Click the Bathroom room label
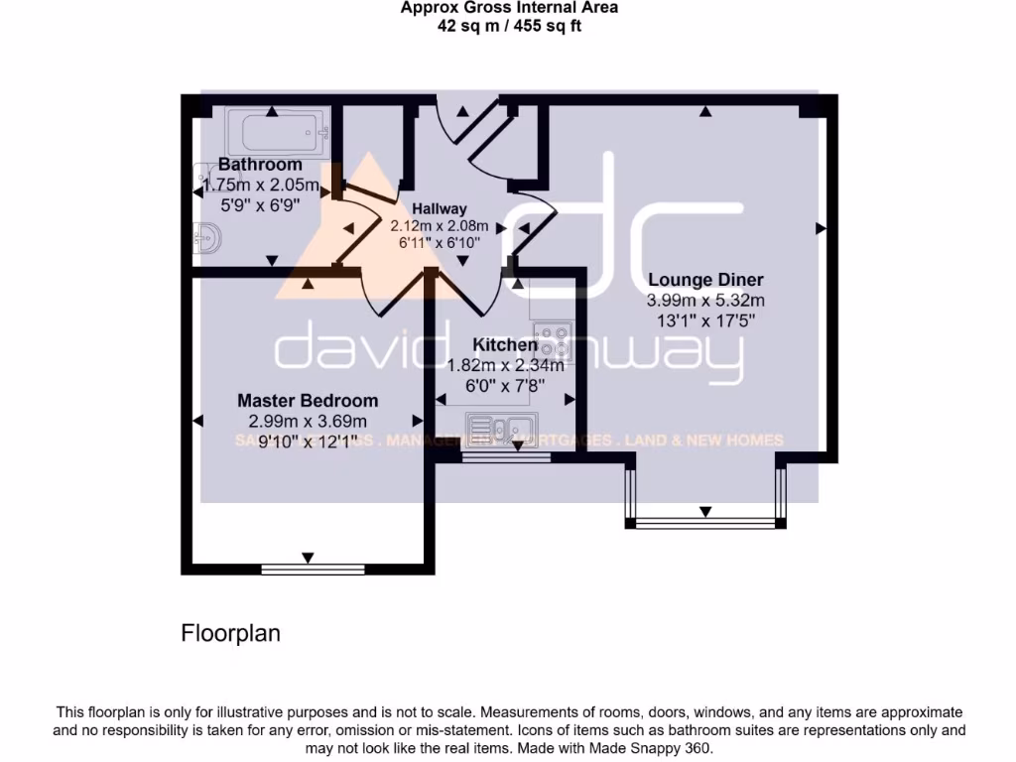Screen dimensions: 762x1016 pos(260,164)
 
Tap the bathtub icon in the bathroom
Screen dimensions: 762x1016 pos(277,132)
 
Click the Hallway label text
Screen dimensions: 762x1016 pos(440,208)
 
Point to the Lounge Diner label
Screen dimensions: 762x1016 pos(705,279)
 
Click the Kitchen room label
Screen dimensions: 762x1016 pos(505,345)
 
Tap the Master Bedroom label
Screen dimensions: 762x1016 pos(308,401)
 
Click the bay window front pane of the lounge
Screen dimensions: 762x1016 pos(705,522)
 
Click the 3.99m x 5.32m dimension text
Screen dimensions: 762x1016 pos(705,301)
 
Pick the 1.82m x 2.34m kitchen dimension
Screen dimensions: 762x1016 pos(505,365)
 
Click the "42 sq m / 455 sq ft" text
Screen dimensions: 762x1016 pos(509,27)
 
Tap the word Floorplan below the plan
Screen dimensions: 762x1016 pos(230,633)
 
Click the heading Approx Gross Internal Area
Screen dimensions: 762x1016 pos(509,8)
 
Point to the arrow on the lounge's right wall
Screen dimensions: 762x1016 pos(821,229)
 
